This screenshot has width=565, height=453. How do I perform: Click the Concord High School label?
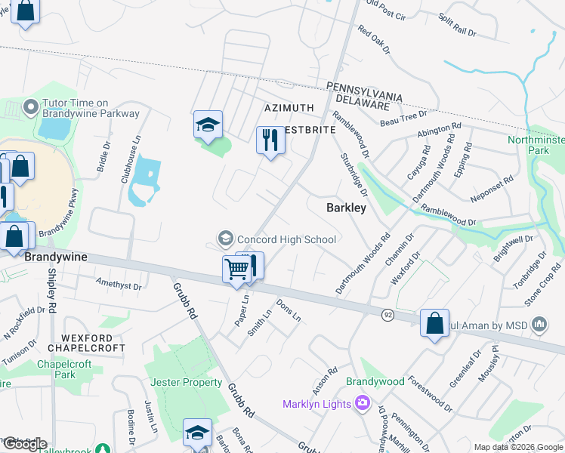click(286, 239)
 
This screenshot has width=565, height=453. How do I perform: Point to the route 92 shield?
click(387, 314)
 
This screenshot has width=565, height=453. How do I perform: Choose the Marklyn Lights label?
click(317, 404)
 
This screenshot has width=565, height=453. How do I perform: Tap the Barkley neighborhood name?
click(346, 207)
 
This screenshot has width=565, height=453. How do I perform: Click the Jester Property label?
click(187, 382)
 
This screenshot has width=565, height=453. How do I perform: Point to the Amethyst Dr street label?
click(119, 285)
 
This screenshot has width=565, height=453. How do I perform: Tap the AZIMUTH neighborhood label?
click(289, 109)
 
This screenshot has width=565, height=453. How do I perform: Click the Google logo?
click(24, 444)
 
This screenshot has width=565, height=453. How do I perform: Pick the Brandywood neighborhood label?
click(375, 382)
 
